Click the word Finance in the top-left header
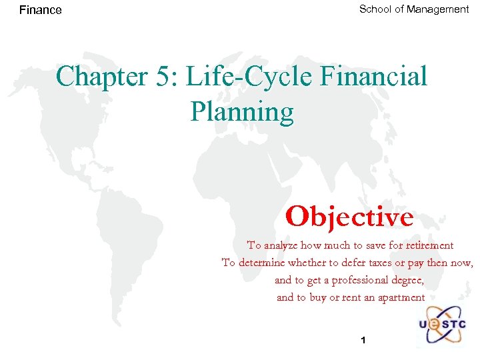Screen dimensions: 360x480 coord(41,10)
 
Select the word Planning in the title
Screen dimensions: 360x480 coord(241,112)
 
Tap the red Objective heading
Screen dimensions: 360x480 coord(349,217)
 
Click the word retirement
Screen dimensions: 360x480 coord(429,245)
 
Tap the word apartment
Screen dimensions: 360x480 coord(398,297)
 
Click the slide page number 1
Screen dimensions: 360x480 coord(363,341)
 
